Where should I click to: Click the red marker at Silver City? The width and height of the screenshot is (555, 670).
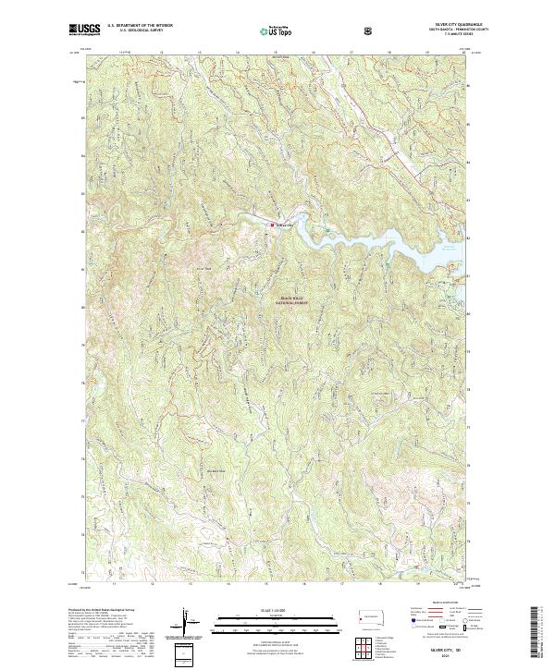pyautogui.click(x=272, y=225)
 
